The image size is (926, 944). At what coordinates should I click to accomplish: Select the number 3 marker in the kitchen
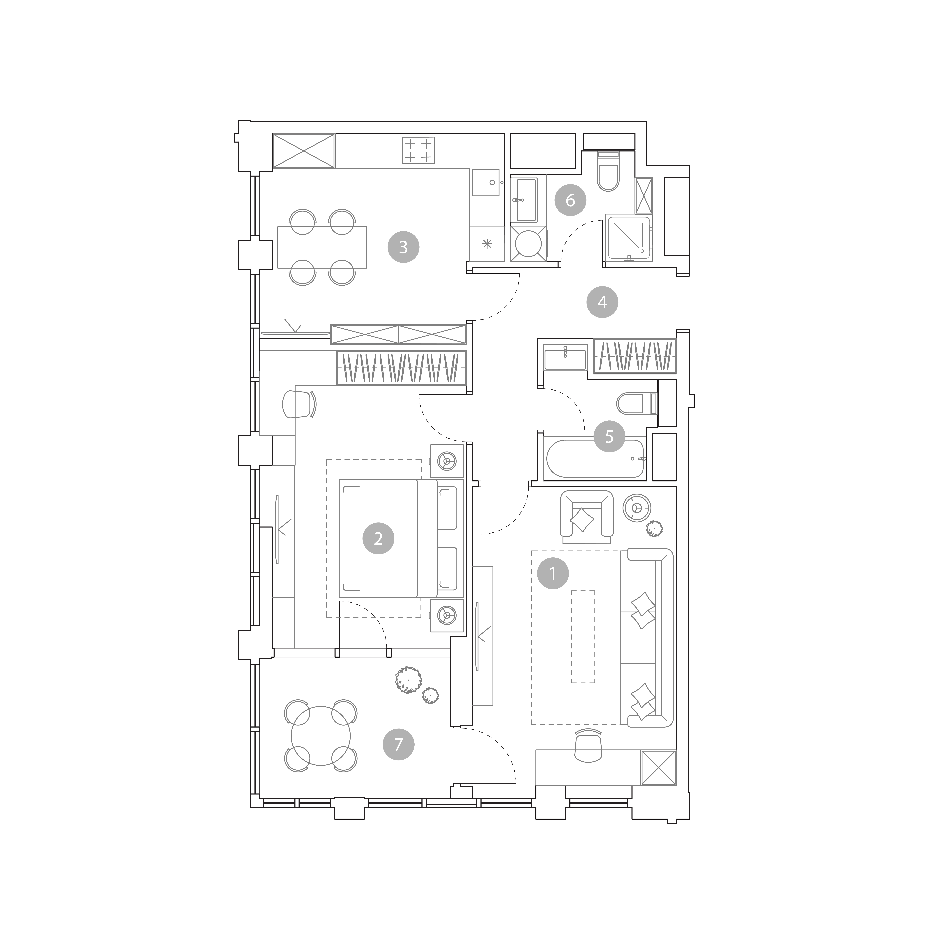(403, 247)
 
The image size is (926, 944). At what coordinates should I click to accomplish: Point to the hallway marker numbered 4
(602, 302)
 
